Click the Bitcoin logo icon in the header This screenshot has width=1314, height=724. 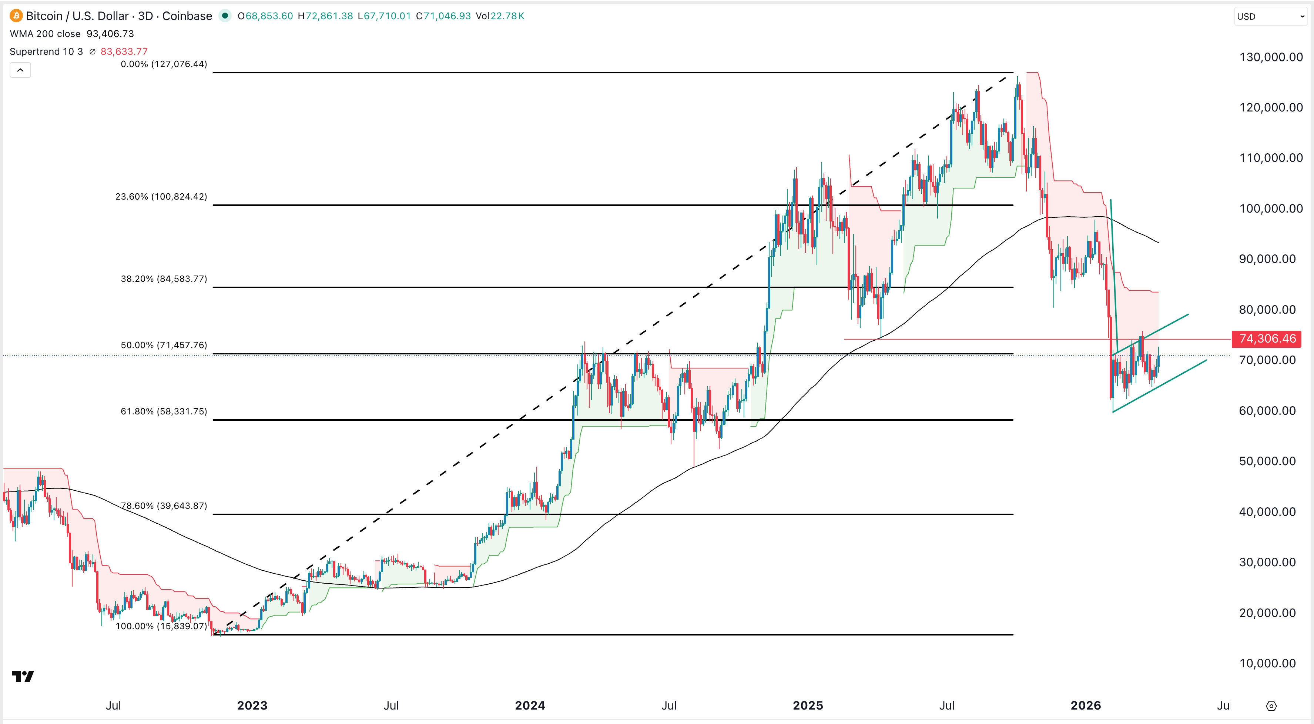tap(16, 16)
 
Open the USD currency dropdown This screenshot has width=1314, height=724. tap(1270, 16)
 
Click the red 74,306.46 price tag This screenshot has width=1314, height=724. tap(1267, 339)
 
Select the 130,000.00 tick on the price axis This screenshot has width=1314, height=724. tap(1271, 57)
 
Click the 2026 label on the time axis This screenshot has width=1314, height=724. tap(1086, 705)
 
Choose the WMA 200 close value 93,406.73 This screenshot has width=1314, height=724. tap(110, 34)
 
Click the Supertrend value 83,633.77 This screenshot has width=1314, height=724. tap(124, 51)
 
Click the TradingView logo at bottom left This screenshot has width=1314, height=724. tap(23, 677)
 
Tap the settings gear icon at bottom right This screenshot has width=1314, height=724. tap(1271, 706)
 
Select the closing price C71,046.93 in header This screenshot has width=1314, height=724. tap(443, 16)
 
